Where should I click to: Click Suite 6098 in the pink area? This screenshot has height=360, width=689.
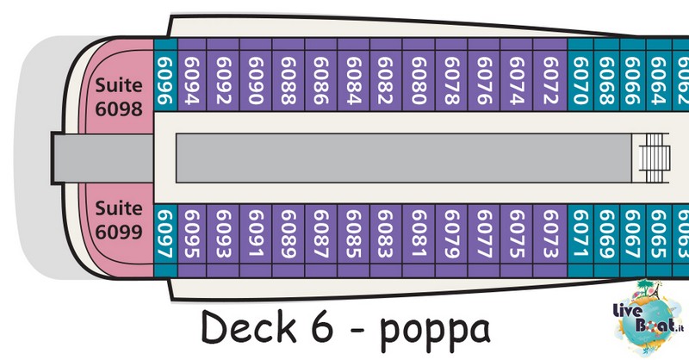(119, 96)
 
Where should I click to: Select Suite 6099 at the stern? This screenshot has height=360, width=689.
(119, 220)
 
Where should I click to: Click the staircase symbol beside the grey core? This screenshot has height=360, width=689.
(655, 158)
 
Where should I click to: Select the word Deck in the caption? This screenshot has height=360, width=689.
(249, 327)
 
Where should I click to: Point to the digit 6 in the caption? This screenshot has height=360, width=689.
(322, 327)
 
